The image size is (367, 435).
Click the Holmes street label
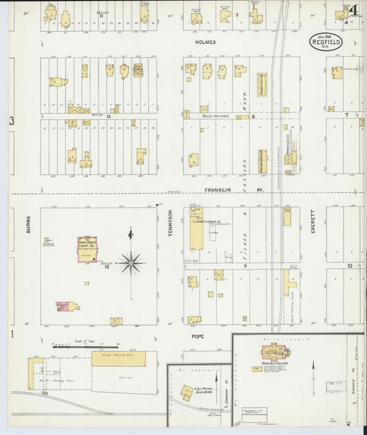click(x=209, y=42)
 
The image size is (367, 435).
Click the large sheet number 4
click(x=353, y=10)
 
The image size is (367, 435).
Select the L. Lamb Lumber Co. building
click(x=196, y=229)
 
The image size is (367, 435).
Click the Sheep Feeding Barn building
click(x=118, y=358)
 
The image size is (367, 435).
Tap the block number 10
click(x=349, y=265)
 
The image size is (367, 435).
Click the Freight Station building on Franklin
click(x=262, y=160)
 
